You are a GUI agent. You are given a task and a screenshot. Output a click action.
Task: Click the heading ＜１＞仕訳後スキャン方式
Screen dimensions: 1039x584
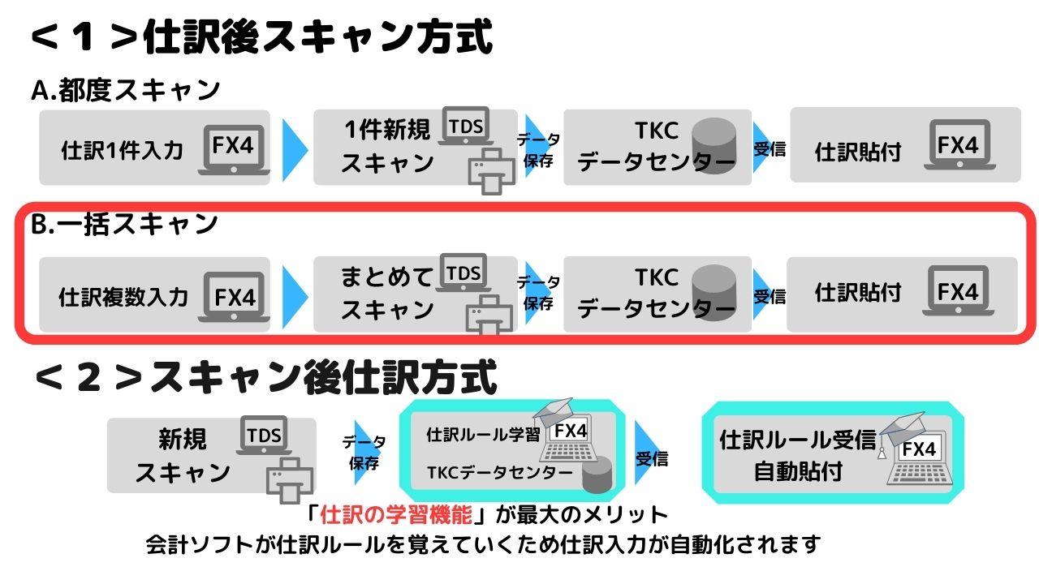pos(262,36)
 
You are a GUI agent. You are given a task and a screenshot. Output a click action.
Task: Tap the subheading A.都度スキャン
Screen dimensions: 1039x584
pos(125,90)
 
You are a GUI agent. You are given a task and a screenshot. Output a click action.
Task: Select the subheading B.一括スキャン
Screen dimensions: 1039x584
pos(124,225)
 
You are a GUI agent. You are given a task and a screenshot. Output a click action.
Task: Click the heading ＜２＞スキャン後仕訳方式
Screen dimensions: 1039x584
pos(265,378)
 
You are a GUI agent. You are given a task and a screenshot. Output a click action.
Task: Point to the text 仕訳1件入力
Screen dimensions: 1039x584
pos(122,150)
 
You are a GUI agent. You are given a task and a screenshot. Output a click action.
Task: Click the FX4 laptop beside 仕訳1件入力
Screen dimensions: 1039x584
pos(234,150)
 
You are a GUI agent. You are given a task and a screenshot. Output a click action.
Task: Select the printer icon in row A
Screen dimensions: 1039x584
pos(492,171)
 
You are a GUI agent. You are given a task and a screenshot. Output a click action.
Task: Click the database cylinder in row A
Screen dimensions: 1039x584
pos(714,145)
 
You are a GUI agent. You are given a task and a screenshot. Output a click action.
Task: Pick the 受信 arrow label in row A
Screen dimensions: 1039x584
pos(770,149)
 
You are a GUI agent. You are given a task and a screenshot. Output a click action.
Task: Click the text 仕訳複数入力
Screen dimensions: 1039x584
pos(123,297)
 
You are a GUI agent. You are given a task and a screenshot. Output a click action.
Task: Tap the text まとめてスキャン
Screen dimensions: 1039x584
pos(387,293)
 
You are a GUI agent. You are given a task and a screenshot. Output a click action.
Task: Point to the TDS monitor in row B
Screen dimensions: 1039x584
pos(463,273)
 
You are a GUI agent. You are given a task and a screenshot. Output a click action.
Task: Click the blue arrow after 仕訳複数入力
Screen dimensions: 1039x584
pos(295,297)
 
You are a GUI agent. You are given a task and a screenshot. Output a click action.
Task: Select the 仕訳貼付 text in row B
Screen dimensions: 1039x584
pos(858,293)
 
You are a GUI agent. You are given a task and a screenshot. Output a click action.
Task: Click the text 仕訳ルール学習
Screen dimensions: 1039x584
pos(483,435)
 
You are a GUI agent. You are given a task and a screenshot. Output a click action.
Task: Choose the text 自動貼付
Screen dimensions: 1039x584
pos(798,471)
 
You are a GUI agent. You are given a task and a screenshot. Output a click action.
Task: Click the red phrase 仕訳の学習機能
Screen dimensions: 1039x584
pos(395,514)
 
